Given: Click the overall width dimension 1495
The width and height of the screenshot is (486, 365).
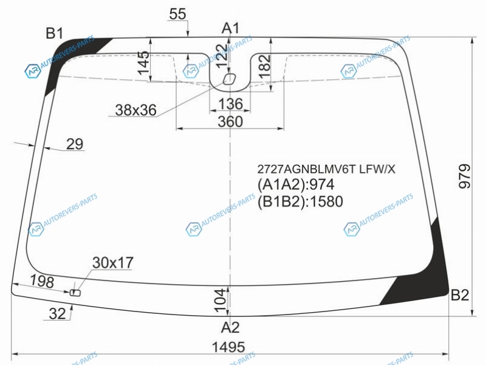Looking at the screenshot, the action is (x=228, y=347).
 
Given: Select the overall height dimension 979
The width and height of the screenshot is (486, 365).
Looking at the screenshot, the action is (x=464, y=176).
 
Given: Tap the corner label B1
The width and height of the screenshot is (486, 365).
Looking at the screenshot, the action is (x=55, y=33).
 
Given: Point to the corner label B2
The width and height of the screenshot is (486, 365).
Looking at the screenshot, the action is (x=460, y=295).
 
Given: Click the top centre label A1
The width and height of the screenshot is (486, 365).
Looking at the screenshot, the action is (x=230, y=28).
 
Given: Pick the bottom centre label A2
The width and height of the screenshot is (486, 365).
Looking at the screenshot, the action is (x=230, y=327).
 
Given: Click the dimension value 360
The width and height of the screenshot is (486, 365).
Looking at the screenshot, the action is (x=230, y=122).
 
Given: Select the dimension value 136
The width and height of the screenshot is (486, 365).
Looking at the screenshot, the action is (x=230, y=104).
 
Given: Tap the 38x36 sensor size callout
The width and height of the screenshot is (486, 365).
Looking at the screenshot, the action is (x=135, y=110).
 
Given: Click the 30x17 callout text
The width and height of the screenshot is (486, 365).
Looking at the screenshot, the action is (x=113, y=263).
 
